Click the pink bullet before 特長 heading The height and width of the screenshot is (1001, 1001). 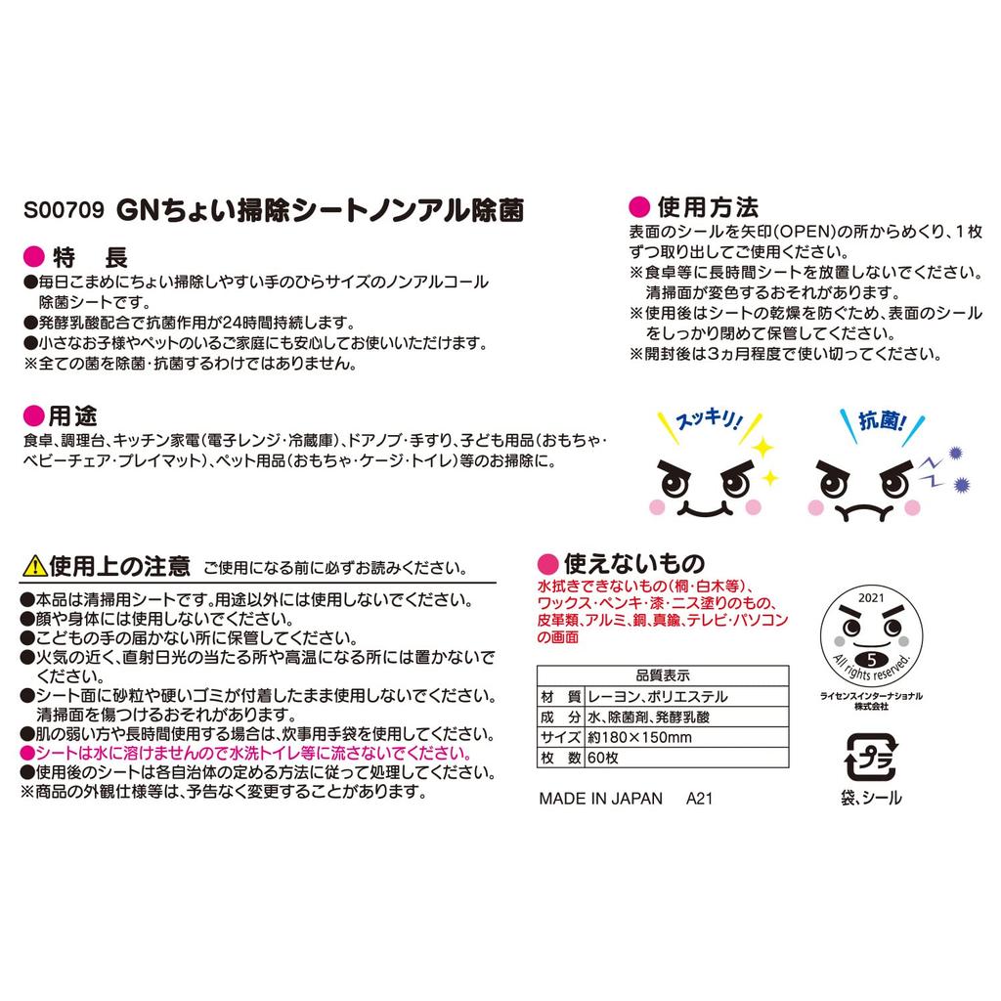point(32,256)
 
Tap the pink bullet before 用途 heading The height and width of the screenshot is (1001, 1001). point(32,413)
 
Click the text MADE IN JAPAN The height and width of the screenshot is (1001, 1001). point(600,798)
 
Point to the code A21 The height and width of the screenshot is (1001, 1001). point(700,798)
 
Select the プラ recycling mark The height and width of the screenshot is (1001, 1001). point(864,753)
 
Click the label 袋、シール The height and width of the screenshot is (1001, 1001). point(864,798)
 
